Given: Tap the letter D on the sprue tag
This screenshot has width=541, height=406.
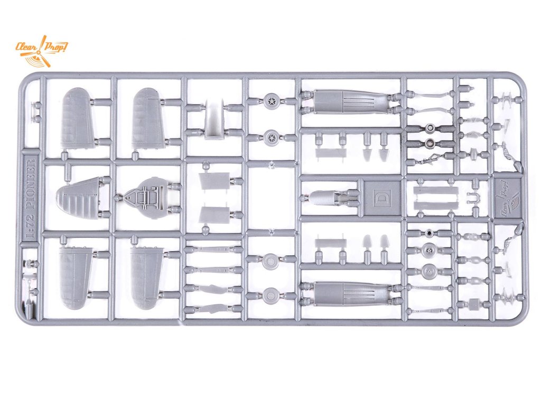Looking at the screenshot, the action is coord(382,197).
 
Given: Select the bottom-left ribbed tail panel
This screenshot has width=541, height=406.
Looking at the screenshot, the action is coord(75,278).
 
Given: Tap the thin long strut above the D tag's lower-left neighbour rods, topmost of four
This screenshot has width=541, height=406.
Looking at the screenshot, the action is coord(213,249).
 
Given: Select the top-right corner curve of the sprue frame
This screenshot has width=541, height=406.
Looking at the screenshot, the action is coord(520,79).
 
